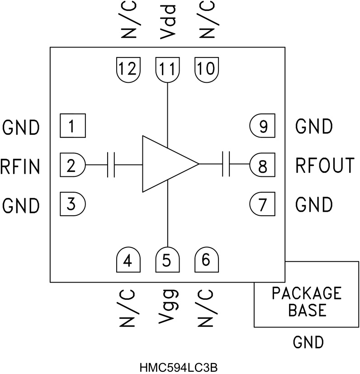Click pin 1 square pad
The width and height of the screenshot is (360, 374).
pyautogui.click(x=72, y=126)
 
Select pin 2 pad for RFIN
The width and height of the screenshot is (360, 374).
pyautogui.click(x=72, y=165)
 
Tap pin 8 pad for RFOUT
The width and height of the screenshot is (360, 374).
pyautogui.click(x=262, y=165)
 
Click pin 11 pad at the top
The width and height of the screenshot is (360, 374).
pyautogui.click(x=167, y=70)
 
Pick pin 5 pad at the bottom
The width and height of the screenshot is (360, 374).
pyautogui.click(x=167, y=260)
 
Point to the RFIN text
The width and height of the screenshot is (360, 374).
pyautogui.click(x=20, y=166)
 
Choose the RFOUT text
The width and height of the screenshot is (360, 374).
pyautogui.click(x=325, y=166)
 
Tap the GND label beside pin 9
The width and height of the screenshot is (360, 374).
pyautogui.click(x=313, y=126)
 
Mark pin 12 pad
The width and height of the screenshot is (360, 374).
pyautogui.click(x=128, y=70)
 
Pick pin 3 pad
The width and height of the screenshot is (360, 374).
pyautogui.click(x=72, y=204)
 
